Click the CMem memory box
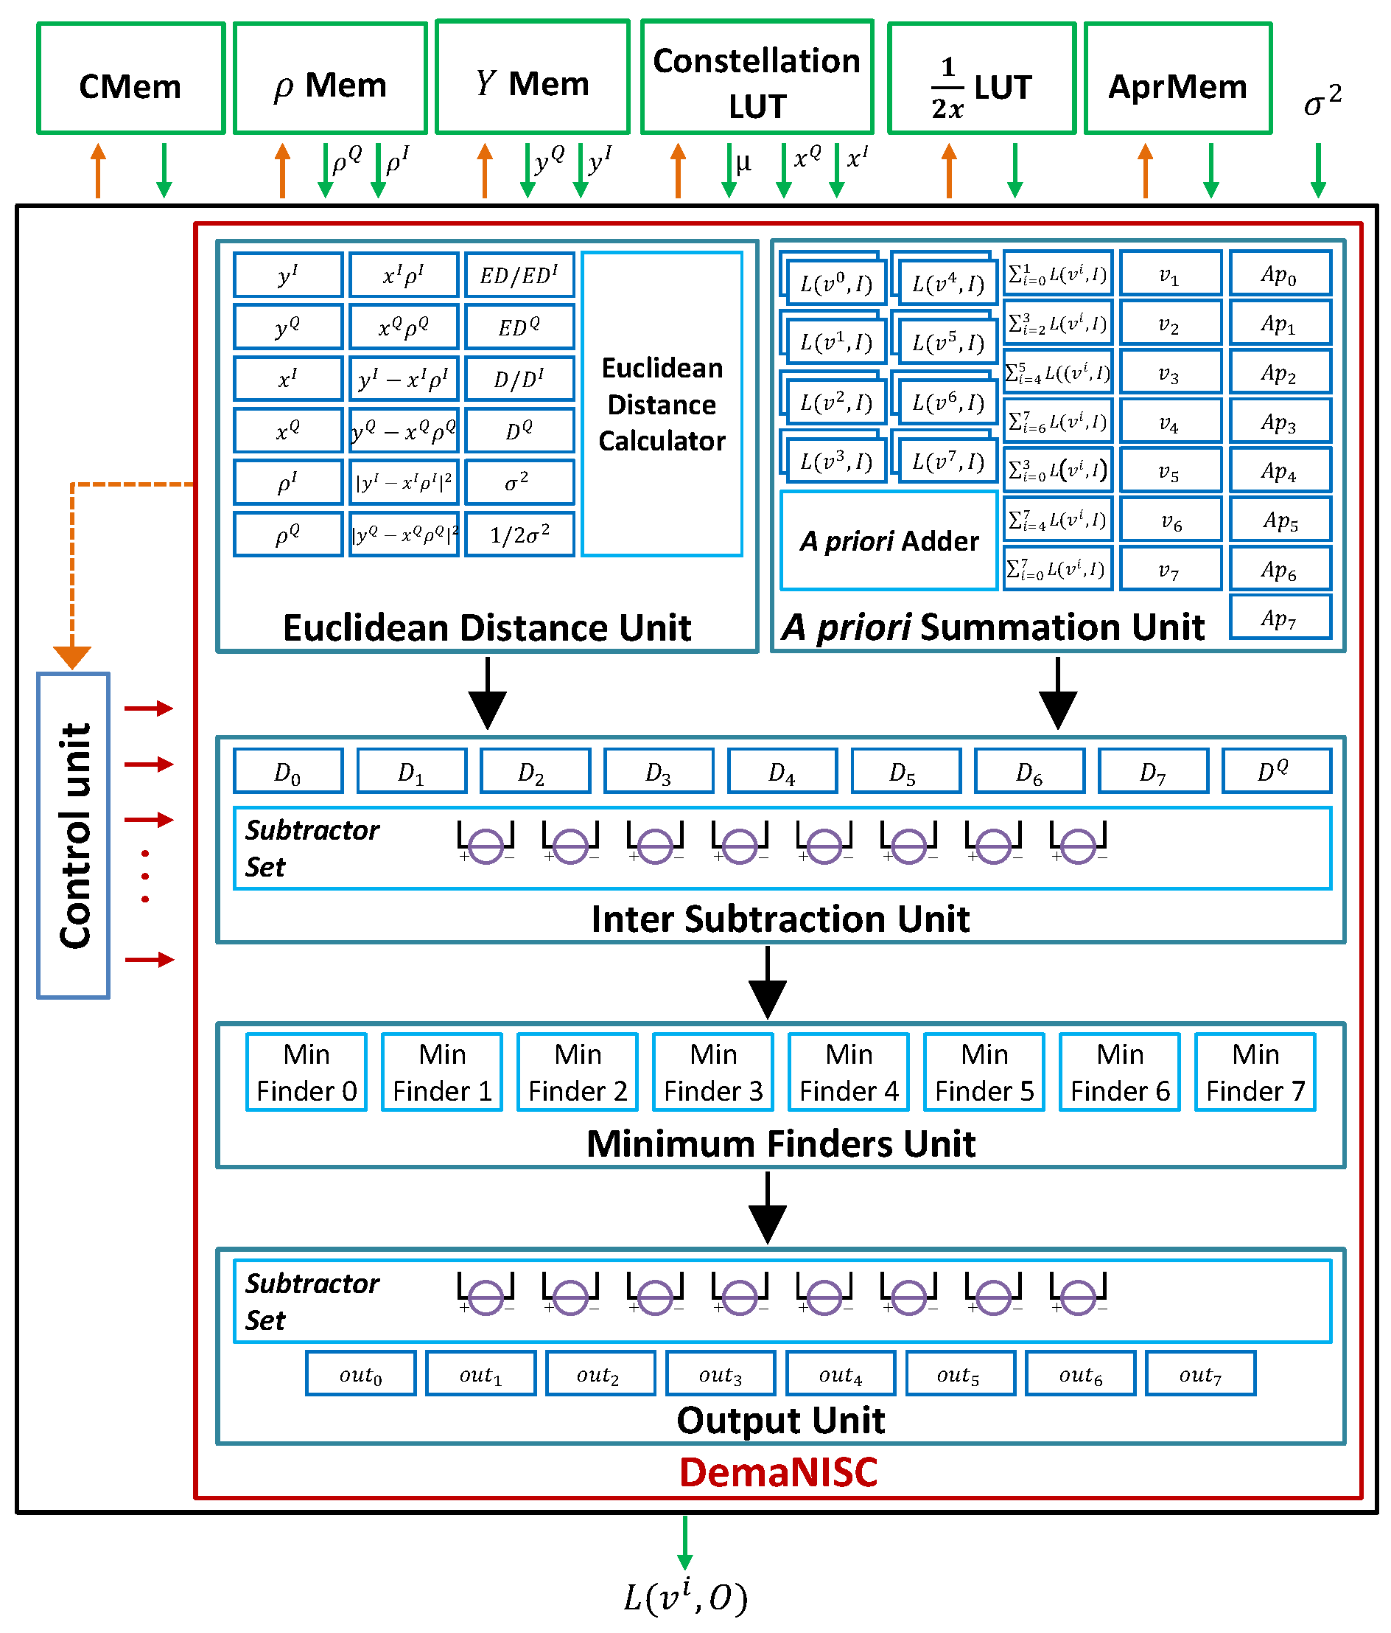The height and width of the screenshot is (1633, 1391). (130, 79)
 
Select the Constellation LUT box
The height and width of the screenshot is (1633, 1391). (756, 79)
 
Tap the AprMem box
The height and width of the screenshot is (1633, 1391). (1177, 79)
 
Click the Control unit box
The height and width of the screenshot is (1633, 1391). (73, 835)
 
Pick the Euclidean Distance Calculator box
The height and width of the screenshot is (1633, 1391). (662, 404)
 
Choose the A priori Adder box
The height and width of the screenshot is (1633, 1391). (889, 540)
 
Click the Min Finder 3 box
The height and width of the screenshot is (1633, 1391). (713, 1072)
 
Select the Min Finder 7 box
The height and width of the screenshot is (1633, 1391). (1255, 1072)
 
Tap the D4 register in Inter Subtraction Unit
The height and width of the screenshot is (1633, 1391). (782, 770)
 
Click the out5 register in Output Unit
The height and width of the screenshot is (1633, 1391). (959, 1373)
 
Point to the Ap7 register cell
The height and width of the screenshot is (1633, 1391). (1279, 617)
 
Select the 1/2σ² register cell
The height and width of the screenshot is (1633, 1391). (519, 535)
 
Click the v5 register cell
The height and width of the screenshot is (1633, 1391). (1170, 470)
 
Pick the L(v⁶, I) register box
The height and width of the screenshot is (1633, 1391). (947, 402)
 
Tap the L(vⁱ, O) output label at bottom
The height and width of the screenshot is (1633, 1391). (685, 1597)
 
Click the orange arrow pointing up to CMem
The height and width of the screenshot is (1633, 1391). (98, 170)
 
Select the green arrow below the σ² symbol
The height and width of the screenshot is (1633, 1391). (1318, 170)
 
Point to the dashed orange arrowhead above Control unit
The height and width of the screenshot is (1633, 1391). (71, 656)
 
